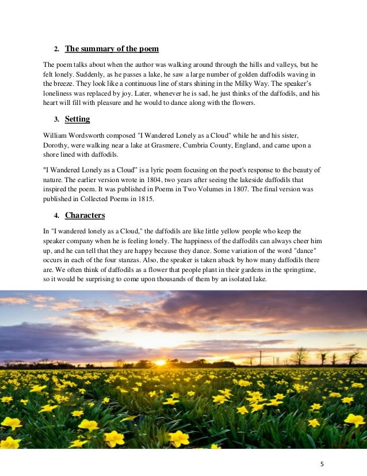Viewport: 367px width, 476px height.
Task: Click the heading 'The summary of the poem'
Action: [x=112, y=48]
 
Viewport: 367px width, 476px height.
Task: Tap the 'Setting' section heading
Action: [x=77, y=119]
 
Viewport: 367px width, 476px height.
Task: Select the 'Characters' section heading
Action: [x=85, y=216]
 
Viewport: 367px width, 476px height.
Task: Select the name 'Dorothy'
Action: [x=58, y=145]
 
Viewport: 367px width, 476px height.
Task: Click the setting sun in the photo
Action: [x=160, y=363]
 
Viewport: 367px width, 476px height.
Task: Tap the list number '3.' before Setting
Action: [x=56, y=120]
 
